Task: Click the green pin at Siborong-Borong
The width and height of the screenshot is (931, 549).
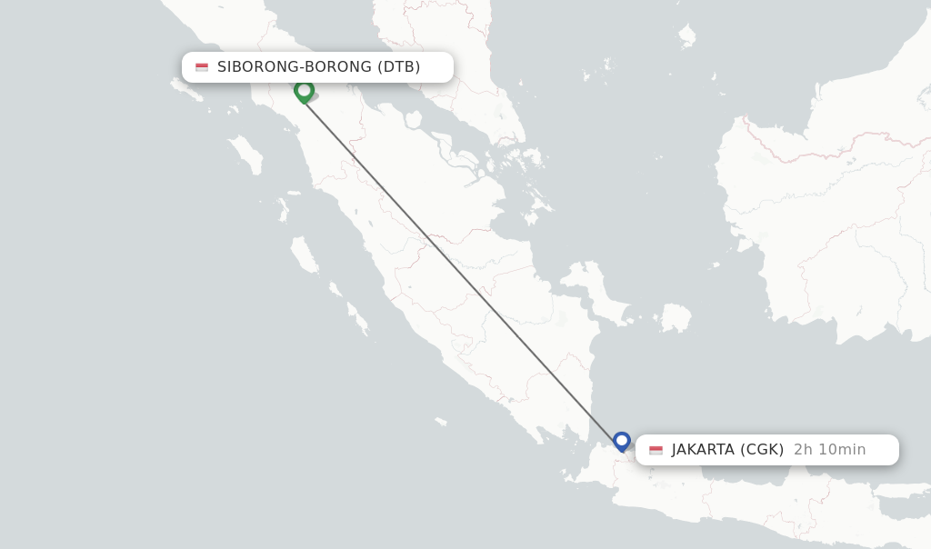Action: (x=304, y=90)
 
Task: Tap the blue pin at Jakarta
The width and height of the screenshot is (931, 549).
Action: (x=622, y=441)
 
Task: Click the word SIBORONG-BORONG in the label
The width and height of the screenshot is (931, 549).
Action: (x=294, y=66)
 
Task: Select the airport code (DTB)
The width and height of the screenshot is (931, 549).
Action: (x=398, y=66)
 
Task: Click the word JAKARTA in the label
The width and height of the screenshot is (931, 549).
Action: (x=702, y=449)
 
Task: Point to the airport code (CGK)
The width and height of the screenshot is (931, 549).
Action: (x=762, y=449)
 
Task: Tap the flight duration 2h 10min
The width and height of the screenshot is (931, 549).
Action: (x=829, y=449)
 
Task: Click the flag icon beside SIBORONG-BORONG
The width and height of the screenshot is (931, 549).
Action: (x=202, y=67)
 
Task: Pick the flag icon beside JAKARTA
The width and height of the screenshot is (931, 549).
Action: (x=656, y=450)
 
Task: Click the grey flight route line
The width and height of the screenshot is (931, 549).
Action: (x=463, y=266)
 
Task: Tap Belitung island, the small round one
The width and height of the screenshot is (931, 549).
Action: (x=675, y=317)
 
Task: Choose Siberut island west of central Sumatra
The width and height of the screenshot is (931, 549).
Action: (x=305, y=255)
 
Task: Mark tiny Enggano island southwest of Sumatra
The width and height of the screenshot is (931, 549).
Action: (x=441, y=421)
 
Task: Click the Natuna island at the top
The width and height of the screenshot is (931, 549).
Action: (x=686, y=35)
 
